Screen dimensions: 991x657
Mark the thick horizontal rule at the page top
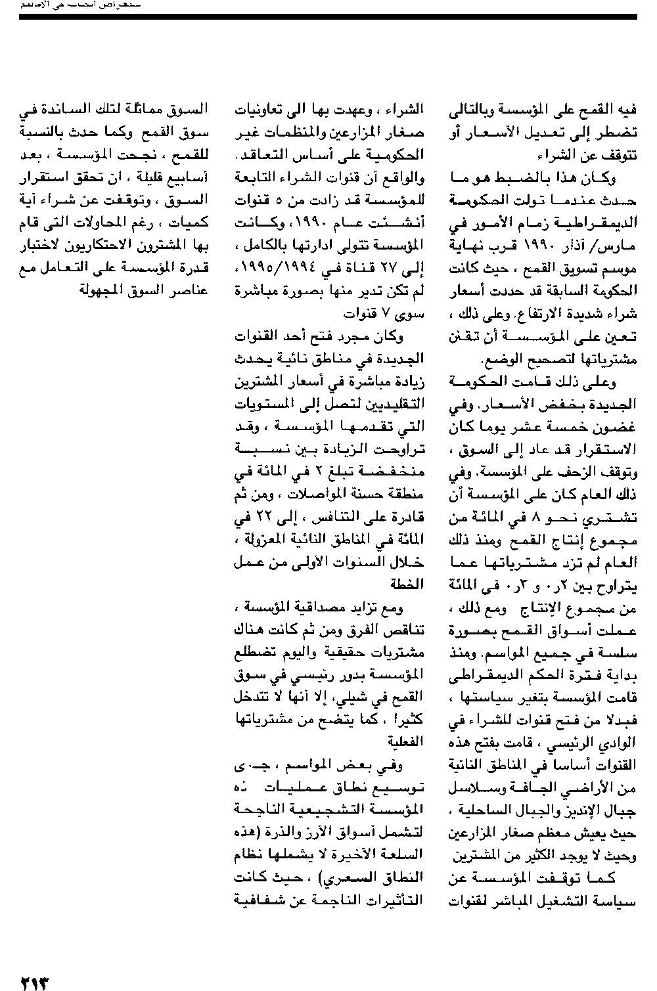(x=328, y=16)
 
